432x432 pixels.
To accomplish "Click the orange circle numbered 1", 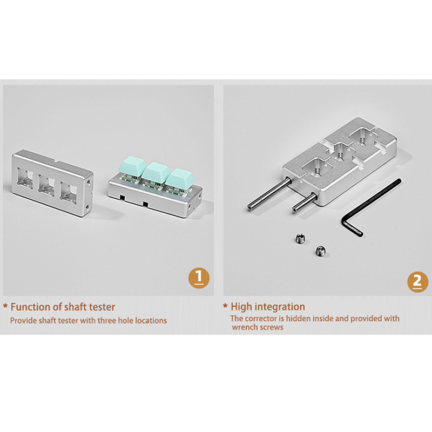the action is (199, 278).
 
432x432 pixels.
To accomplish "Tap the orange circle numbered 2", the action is (417, 281).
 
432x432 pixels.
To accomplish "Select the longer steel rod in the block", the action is (269, 194).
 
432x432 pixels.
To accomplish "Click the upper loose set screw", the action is (300, 238).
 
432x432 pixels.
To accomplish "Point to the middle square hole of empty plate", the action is (47, 185).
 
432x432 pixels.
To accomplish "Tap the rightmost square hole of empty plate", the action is (68, 192).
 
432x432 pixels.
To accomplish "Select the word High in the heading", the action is (240, 307).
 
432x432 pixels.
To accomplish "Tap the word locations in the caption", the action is (151, 321).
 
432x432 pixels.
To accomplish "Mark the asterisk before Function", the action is (5, 306).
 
